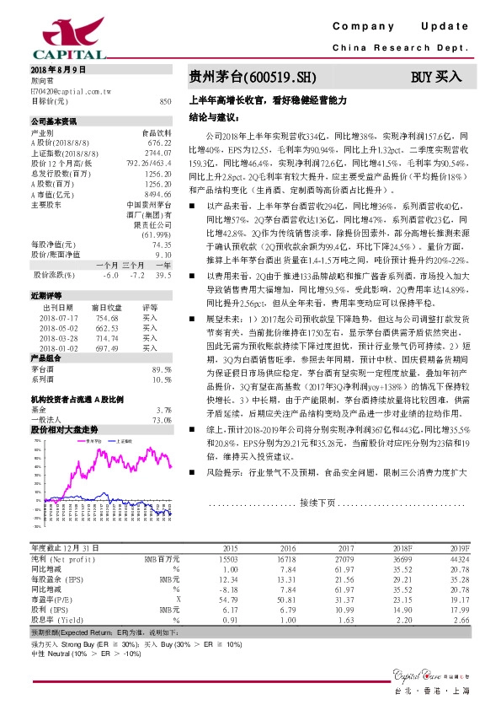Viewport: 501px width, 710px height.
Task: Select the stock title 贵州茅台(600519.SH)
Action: pyautogui.click(x=252, y=77)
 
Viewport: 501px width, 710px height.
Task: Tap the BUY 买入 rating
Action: pyautogui.click(x=436, y=77)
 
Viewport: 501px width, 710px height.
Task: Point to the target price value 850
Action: pyautogui.click(x=165, y=101)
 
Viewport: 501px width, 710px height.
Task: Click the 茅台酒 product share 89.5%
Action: pyautogui.click(x=161, y=370)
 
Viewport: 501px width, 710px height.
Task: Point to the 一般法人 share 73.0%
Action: pyautogui.click(x=162, y=420)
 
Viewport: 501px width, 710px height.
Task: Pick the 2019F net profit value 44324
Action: pyautogui.click(x=458, y=558)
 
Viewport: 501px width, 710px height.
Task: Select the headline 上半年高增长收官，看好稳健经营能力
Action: pyautogui.click(x=269, y=100)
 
